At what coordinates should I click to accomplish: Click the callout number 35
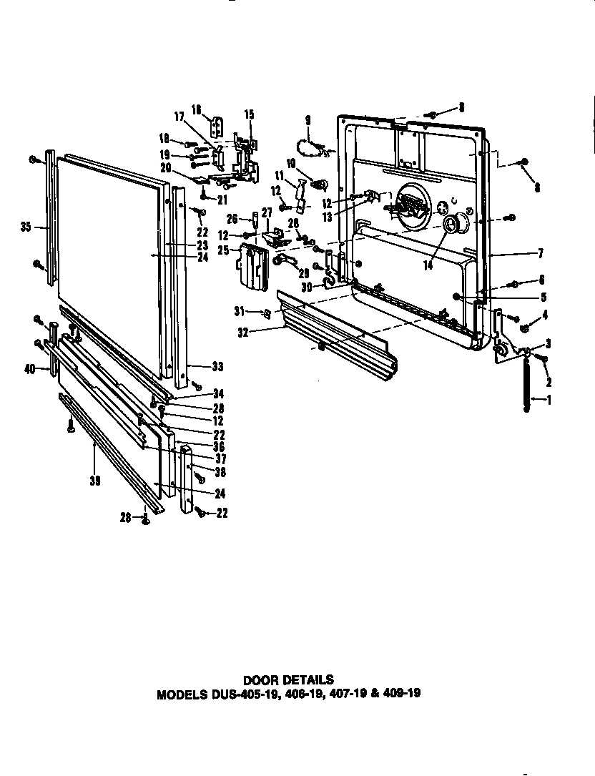[x=26, y=228]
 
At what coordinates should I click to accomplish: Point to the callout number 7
[x=541, y=252]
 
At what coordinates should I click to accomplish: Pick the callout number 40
[x=29, y=370]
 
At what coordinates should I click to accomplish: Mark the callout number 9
[x=308, y=119]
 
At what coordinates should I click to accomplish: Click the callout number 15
[x=249, y=114]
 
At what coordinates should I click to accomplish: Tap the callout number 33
[x=217, y=367]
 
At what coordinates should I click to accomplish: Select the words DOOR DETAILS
[x=288, y=679]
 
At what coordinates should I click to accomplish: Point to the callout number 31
[x=240, y=310]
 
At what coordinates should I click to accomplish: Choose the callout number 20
[x=166, y=167]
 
